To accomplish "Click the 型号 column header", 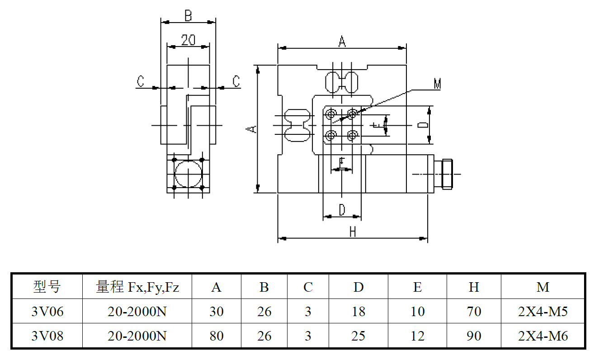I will coord(47,287).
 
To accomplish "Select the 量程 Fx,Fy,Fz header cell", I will coord(137,287).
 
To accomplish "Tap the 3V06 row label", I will coord(47,311).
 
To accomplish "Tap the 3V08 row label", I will coord(47,336).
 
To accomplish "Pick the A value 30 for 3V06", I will coord(217,311).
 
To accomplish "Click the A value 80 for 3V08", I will coord(217,336).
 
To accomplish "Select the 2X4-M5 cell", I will coord(542,311).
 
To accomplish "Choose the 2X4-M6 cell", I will coord(542,336).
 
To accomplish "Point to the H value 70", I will coord(474,311).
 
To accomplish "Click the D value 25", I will coord(358,336).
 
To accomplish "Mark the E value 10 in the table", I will coord(417,311).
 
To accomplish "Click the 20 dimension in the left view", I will coord(188,40).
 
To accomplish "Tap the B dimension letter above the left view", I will coord(188,16).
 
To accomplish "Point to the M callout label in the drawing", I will coord(437,84).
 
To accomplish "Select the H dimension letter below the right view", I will coord(353,232).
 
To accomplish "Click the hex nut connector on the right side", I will coord(447,174).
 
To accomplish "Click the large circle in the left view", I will coord(188,173).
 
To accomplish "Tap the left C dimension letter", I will coord(141,81).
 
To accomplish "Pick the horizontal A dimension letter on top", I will coord(342,42).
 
